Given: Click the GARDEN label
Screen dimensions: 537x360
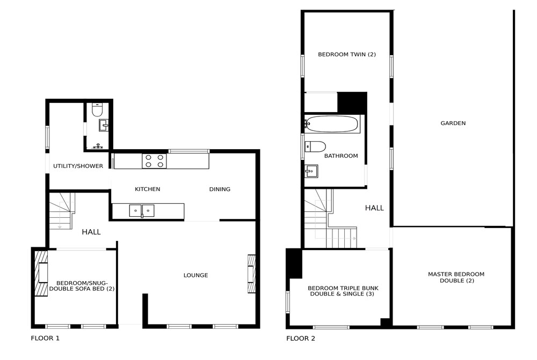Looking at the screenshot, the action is coord(453,123).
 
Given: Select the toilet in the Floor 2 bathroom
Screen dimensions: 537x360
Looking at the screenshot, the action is coord(315,146).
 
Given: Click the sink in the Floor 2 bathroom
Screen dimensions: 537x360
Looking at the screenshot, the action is coord(311,171).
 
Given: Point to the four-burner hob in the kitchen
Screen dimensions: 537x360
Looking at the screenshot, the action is coord(155,161).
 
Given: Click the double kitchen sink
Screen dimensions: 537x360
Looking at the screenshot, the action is coord(142,210).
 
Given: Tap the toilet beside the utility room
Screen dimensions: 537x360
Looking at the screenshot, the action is coord(98,110).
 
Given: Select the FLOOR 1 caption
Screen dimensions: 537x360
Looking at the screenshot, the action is coord(45,339).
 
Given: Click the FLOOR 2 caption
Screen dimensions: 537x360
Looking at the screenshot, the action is coord(301,339).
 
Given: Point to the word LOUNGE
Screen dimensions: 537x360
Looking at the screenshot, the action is coord(195,275).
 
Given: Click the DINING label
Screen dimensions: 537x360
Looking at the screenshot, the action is coord(220,189).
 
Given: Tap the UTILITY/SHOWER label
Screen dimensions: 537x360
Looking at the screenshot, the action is coord(78,166).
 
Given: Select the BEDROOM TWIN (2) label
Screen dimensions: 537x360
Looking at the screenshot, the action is coord(347,54).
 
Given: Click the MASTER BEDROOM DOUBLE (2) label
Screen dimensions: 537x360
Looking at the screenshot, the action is coord(456,277).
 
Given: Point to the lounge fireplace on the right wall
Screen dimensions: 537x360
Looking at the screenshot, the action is coord(251,274).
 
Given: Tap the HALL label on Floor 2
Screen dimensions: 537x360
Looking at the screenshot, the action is coord(374,208).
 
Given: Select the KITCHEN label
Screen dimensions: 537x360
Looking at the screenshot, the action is coord(147,189).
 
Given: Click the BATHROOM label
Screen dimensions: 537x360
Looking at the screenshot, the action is coord(341,156).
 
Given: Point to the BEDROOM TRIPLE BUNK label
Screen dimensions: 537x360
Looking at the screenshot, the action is coord(343,288).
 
